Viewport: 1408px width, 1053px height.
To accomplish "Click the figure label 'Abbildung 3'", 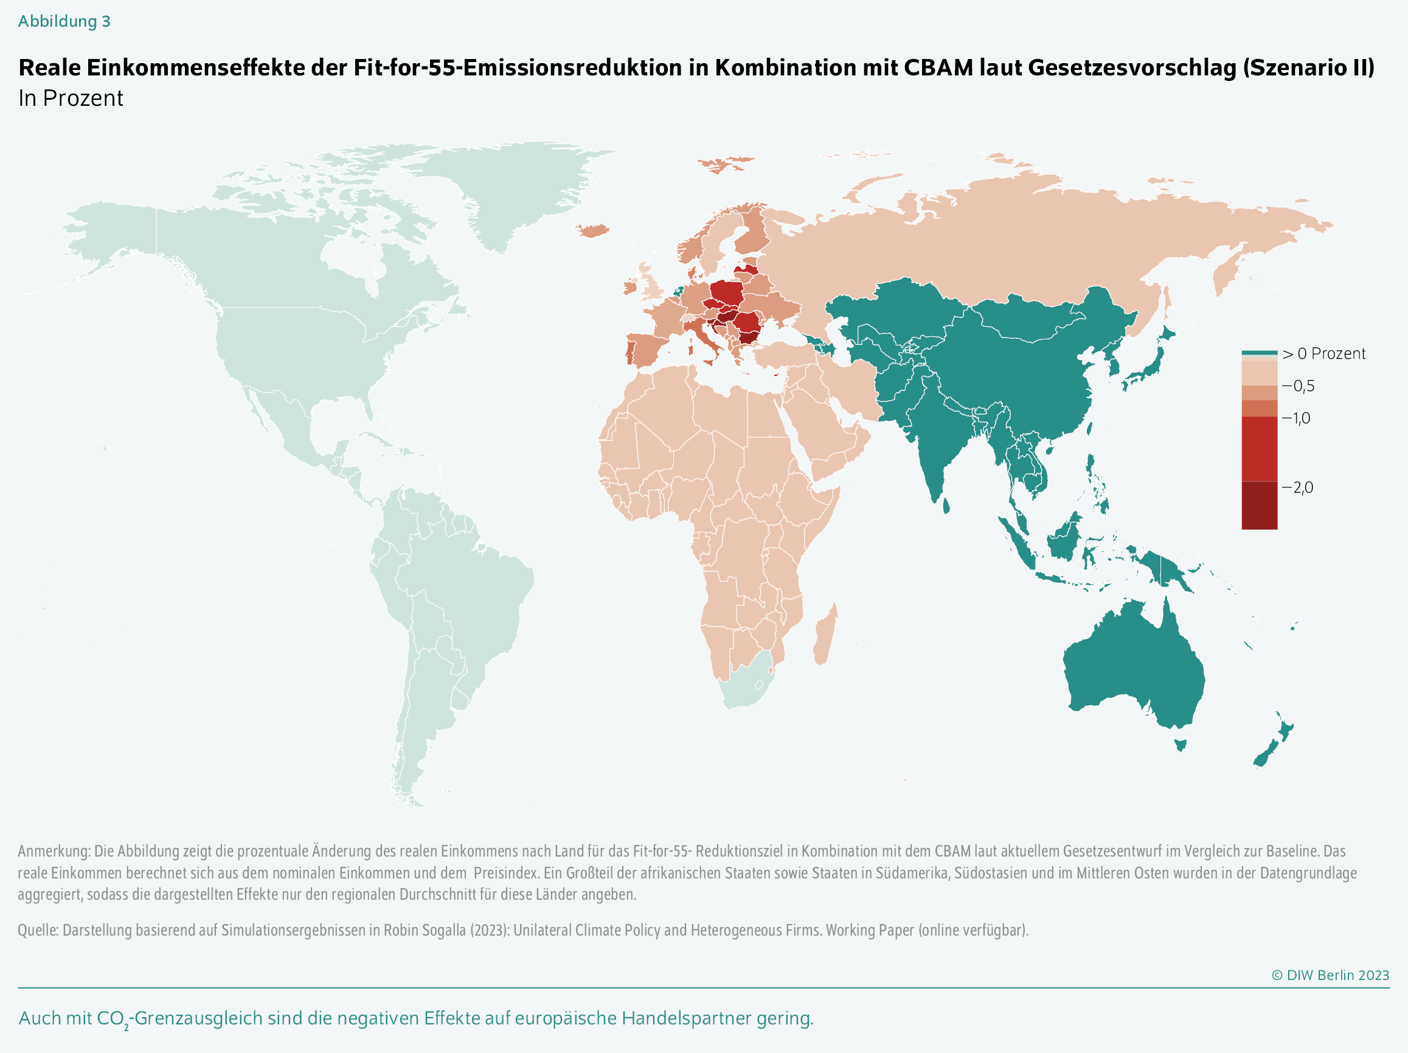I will tap(64, 22).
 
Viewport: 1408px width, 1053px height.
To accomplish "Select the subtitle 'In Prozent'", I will tap(71, 99).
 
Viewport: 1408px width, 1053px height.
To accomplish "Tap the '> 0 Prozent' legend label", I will tap(1323, 354).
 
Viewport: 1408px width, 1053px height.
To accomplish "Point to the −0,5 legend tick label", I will tap(1298, 386).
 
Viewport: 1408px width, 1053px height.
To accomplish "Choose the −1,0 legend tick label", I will tap(1296, 419).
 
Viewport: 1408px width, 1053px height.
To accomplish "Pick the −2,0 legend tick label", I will tap(1297, 488).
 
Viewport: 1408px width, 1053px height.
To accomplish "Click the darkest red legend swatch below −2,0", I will tap(1259, 506).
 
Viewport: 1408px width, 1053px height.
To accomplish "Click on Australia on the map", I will tap(1133, 669).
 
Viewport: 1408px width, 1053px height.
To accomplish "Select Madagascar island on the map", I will tap(825, 637).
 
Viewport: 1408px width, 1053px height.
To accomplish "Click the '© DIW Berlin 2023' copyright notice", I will tap(1330, 975).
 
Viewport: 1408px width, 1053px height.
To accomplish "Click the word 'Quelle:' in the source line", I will tap(38, 930).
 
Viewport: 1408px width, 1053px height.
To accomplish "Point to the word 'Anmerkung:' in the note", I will tap(54, 851).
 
